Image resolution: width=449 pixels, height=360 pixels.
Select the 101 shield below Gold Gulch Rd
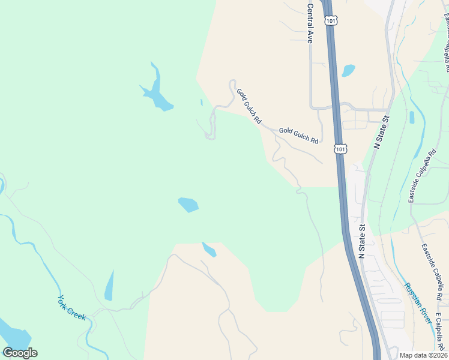(x=340, y=148)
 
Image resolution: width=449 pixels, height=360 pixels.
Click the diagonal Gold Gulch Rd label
(x=249, y=106)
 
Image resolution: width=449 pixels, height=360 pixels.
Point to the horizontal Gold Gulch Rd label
(x=298, y=134)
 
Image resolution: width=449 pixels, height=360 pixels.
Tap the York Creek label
(x=72, y=307)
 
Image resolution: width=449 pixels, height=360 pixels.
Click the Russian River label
(x=418, y=304)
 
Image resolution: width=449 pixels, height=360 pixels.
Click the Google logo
(x=20, y=352)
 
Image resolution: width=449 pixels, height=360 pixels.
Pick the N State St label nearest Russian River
(x=362, y=242)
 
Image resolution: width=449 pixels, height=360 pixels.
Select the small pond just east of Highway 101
(x=348, y=71)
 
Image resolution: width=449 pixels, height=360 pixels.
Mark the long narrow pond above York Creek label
(x=109, y=286)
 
